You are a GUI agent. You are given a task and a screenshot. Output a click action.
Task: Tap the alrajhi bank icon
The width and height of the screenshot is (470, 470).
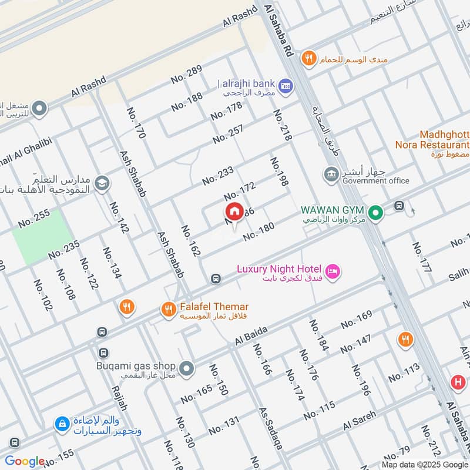pos(286,85)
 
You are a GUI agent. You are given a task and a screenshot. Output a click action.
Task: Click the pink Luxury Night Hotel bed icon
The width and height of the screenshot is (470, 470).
pos(333,270)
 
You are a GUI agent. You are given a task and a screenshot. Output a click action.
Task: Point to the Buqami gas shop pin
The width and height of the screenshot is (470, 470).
pos(187,368)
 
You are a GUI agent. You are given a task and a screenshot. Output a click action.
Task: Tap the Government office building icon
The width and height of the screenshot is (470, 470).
pos(330,174)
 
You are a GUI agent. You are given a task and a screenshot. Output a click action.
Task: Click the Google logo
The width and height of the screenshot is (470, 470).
pos(25,461)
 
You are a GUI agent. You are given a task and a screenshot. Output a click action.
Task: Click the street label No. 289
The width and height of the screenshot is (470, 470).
pos(186,73)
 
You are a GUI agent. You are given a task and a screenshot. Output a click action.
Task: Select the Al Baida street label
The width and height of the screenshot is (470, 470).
pos(251,335)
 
